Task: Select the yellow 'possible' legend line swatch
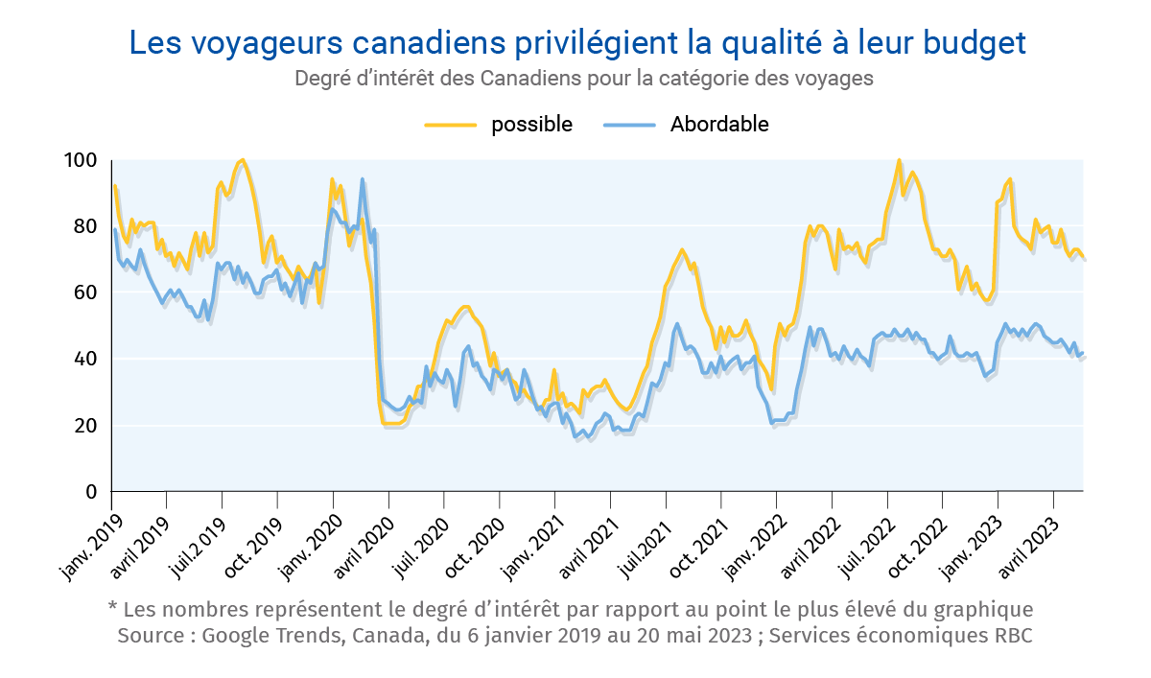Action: [451, 125]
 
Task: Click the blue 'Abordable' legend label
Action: [719, 125]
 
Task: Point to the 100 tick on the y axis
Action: [83, 160]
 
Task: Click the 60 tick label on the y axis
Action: [86, 292]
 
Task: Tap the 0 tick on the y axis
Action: [92, 492]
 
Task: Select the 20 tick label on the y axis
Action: [86, 426]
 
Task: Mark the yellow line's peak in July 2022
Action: [899, 160]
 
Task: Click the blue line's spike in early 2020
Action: [363, 179]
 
